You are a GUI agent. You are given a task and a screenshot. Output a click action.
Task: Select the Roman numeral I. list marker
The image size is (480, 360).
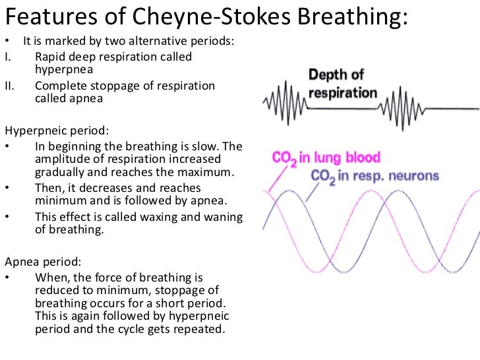[8, 57]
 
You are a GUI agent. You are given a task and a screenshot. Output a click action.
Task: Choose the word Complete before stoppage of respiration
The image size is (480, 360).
[59, 86]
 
